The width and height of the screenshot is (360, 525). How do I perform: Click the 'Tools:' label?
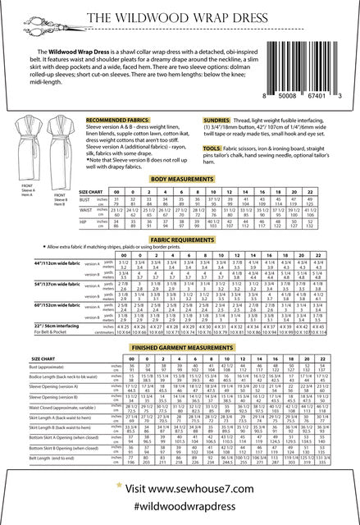237,148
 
